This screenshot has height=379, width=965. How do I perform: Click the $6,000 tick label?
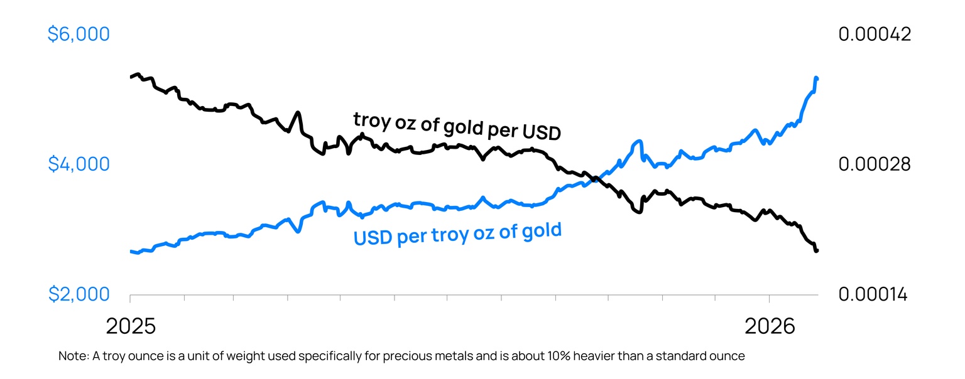pos(79,34)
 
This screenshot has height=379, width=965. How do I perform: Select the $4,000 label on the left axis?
pos(79,164)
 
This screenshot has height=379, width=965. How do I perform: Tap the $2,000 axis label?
pos(79,294)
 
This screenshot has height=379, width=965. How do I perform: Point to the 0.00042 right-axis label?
pos(875,34)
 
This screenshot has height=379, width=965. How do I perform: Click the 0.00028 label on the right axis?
pos(875,164)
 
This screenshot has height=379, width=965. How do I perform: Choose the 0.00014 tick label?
pos(873,294)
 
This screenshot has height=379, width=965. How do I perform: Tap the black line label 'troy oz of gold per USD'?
pos(457,125)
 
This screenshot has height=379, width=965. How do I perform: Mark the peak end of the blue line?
pos(816,78)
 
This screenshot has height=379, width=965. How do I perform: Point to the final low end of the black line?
pos(817,250)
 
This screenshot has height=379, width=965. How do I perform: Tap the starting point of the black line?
pos(131,77)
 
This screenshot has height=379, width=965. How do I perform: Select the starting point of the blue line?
pos(131,252)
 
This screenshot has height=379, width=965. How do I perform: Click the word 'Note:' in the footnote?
pos(74,356)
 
